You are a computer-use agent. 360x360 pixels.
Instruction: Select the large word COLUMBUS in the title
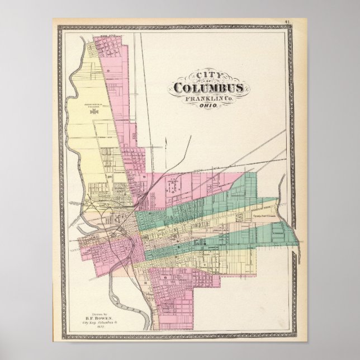click(208, 88)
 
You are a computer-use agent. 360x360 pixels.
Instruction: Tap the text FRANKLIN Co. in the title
click(208, 98)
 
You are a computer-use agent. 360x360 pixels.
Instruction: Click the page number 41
click(302, 22)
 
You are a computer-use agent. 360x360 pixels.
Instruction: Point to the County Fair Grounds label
click(264, 214)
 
